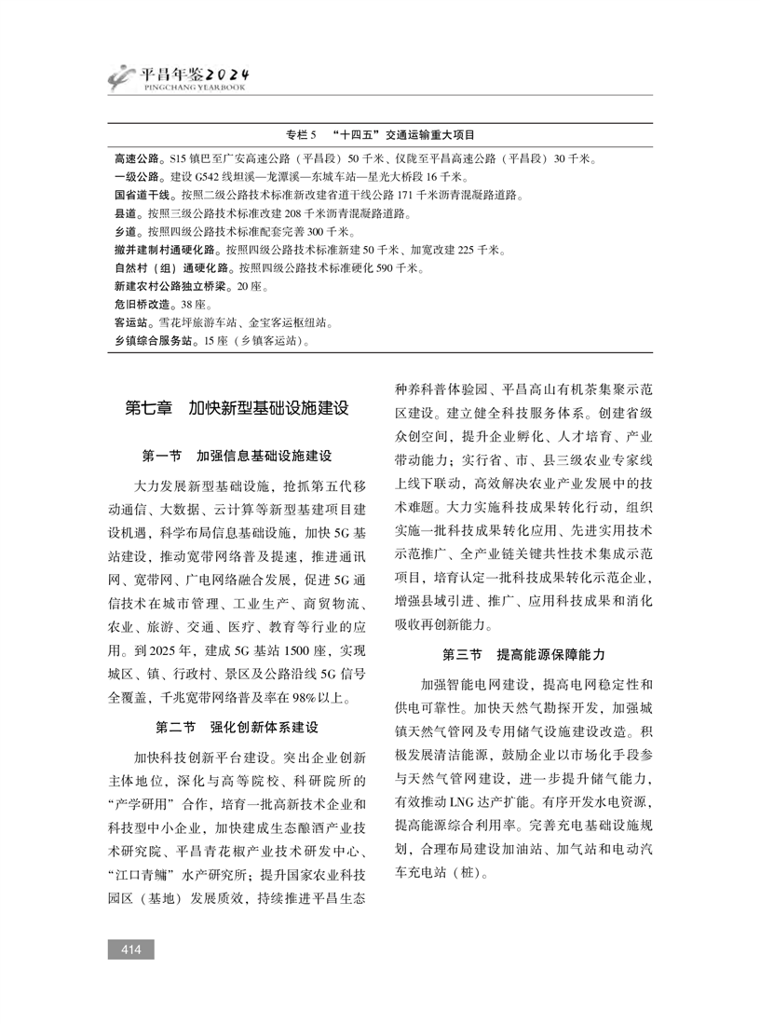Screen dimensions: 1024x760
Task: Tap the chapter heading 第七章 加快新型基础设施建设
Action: click(237, 408)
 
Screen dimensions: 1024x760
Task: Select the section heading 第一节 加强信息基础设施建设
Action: click(237, 457)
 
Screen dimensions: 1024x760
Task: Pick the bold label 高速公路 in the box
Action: click(134, 159)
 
